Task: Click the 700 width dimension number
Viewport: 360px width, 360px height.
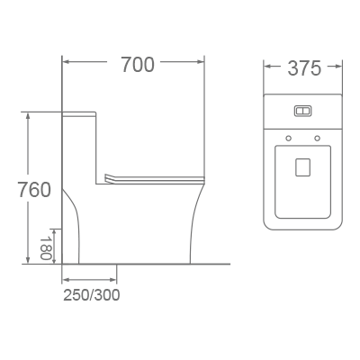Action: pyautogui.click(x=137, y=65)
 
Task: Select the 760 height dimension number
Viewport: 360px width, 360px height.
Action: pyautogui.click(x=34, y=190)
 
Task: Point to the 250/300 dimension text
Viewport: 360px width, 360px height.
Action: pyautogui.click(x=91, y=294)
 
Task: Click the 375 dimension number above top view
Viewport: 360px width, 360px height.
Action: pyautogui.click(x=304, y=68)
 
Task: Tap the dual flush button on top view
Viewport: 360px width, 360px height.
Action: pyautogui.click(x=303, y=112)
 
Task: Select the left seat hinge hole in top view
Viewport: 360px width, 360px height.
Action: pyautogui.click(x=288, y=138)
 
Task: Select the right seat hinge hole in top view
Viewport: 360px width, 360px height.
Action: pyautogui.click(x=319, y=138)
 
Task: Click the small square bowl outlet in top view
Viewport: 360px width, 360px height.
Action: pyautogui.click(x=303, y=166)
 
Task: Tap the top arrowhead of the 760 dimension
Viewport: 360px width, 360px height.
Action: pyautogui.click(x=29, y=115)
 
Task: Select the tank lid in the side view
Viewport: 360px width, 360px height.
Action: pyautogui.click(x=81, y=114)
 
